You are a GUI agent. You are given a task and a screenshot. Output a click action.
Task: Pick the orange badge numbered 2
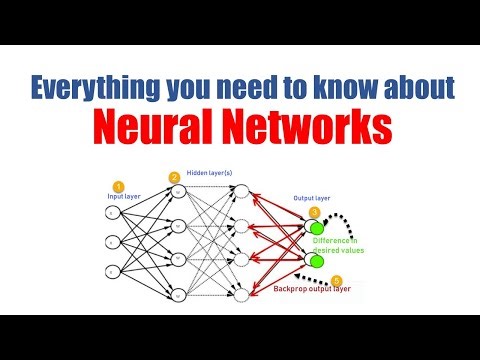coord(174,178)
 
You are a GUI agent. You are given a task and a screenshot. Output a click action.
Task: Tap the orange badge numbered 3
coord(314,212)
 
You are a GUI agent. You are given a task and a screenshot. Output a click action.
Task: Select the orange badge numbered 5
coord(336,280)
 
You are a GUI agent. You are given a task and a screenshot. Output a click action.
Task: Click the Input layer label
coord(124,197)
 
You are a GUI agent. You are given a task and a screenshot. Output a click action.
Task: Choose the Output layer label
coord(311,199)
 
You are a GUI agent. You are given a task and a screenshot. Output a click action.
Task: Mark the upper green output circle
coord(317,228)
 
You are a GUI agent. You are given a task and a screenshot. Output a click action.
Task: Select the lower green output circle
coord(317,261)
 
